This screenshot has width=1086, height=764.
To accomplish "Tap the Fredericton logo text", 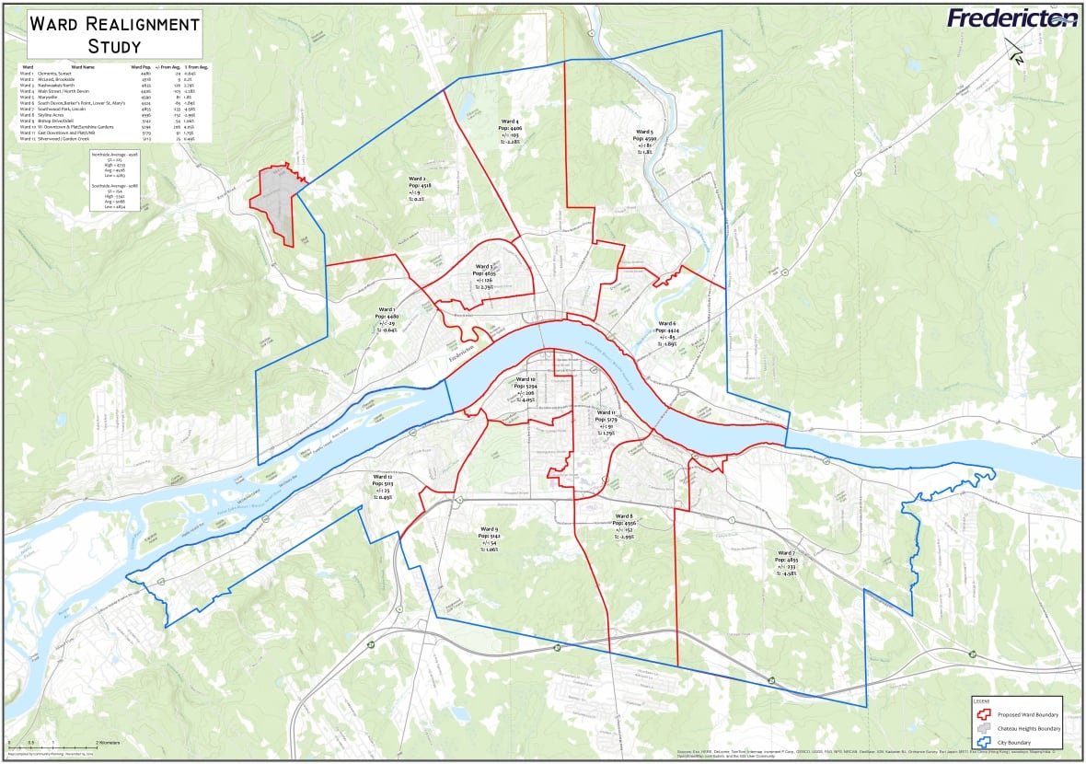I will point(1011,18).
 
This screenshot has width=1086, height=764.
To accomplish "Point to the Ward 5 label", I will point(644,132).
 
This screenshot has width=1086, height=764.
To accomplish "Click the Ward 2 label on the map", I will point(416,179).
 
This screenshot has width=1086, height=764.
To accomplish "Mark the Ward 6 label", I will point(667,323).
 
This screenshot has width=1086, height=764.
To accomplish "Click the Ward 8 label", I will point(623,516).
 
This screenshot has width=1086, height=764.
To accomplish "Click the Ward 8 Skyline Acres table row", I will point(64,113).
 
